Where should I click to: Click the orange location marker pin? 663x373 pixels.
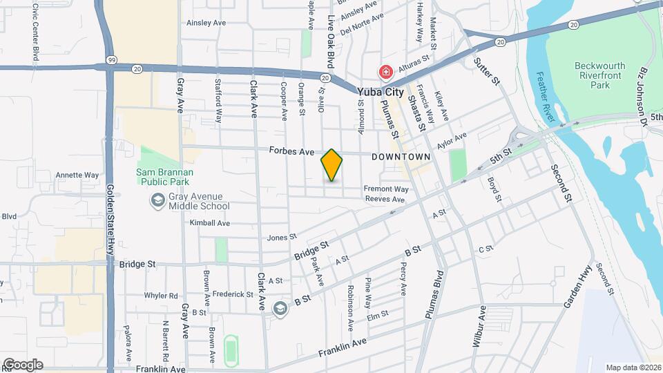click(x=332, y=165)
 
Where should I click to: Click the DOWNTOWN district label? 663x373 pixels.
click(x=401, y=157)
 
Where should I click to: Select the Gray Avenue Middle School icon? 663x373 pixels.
click(x=157, y=200)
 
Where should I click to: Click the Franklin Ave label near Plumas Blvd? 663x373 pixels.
click(x=342, y=347)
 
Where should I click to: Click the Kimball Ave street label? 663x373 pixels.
click(x=210, y=223)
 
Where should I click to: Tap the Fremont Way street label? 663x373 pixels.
click(x=387, y=189)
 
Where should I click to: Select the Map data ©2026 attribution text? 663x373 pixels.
click(x=633, y=367)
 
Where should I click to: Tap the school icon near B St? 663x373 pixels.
click(x=281, y=308)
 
